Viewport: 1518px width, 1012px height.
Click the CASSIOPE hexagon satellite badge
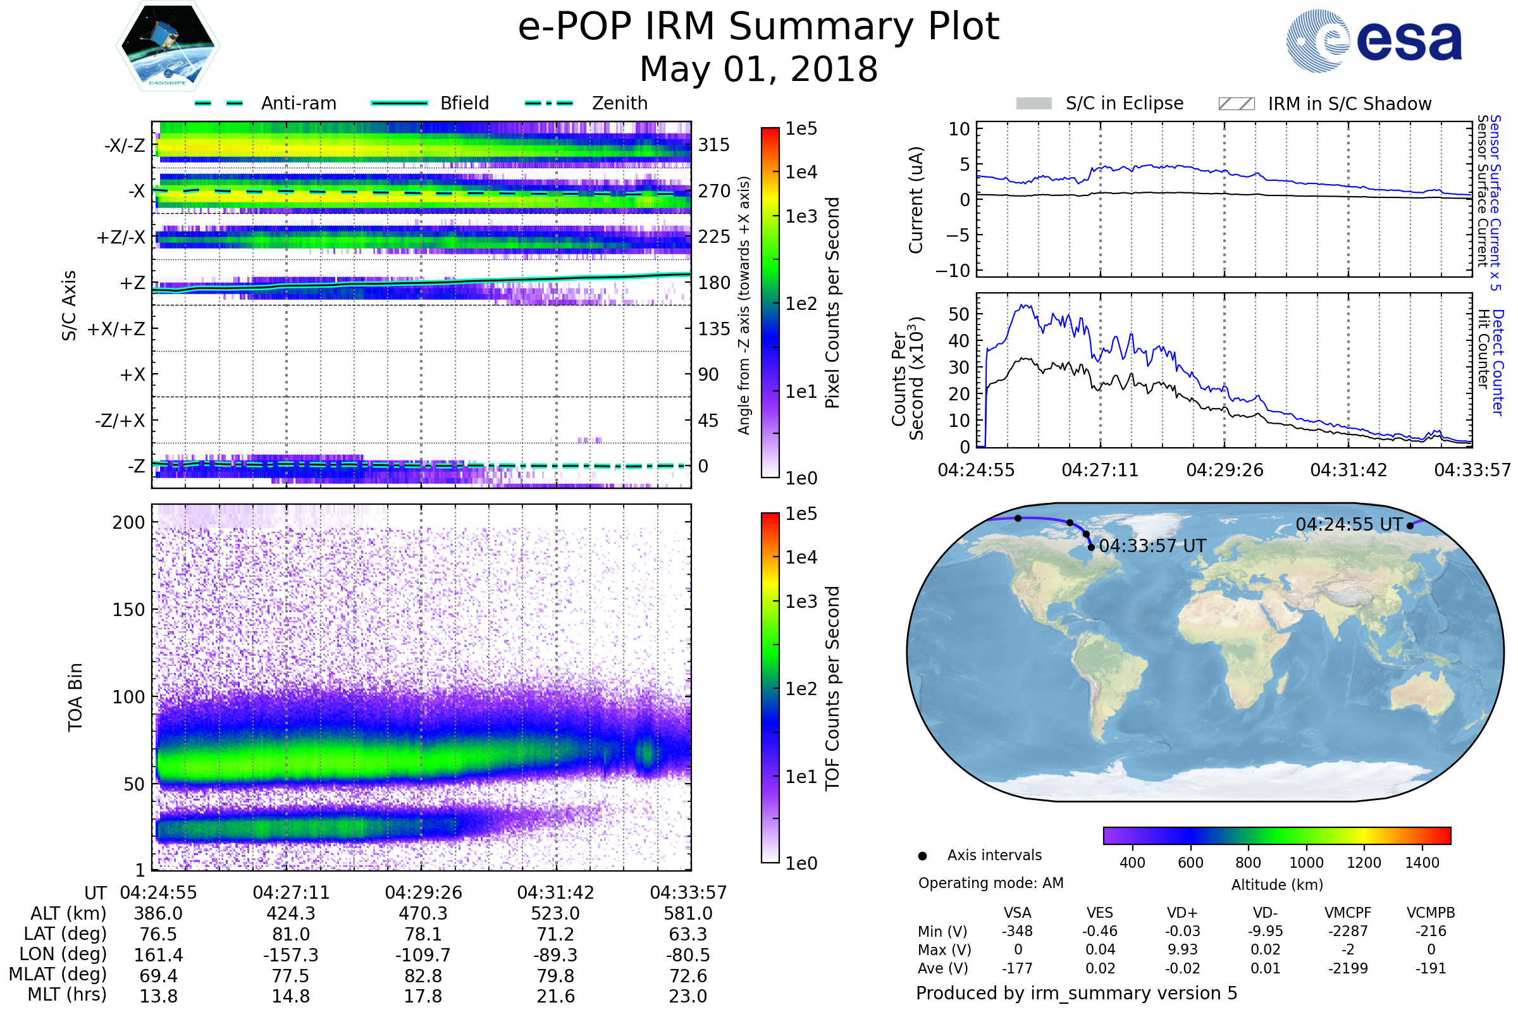(x=168, y=46)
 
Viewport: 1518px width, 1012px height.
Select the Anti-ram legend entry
(x=265, y=103)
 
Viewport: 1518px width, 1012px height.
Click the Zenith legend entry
(x=586, y=103)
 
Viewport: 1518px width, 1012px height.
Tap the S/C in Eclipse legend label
(x=1125, y=103)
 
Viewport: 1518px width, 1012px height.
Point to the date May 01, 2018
(x=758, y=69)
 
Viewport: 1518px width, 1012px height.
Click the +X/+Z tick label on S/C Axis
(x=116, y=329)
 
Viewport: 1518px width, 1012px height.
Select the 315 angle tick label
(x=713, y=145)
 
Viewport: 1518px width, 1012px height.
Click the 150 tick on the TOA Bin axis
(x=128, y=610)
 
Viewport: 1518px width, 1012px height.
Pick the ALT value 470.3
(x=423, y=914)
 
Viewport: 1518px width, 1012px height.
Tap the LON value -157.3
(x=290, y=955)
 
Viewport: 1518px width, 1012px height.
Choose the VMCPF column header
(x=1348, y=913)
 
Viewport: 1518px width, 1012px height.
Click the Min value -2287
(x=1348, y=931)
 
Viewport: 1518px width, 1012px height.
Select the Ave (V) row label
(x=943, y=969)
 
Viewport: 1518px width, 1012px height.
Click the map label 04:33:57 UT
(x=1152, y=546)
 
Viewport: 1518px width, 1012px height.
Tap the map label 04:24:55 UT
(x=1349, y=525)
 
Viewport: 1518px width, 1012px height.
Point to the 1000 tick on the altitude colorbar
(x=1306, y=863)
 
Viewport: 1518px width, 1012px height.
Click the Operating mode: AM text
(x=990, y=883)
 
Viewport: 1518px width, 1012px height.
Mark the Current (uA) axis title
(x=916, y=200)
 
